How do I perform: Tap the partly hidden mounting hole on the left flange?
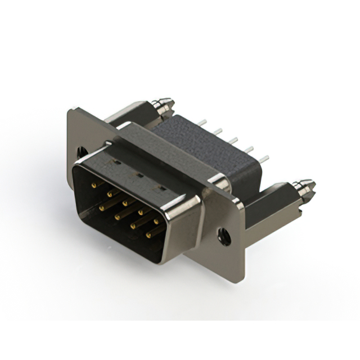(x=82, y=151)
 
